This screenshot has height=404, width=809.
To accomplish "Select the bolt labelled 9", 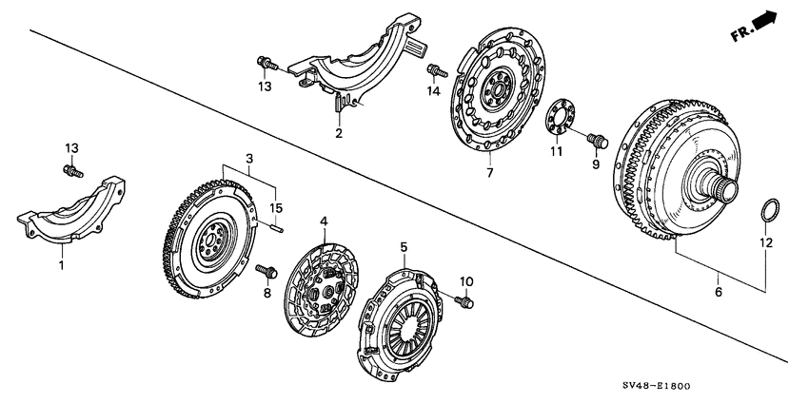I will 599,141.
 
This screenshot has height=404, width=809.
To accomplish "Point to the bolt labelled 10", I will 466,302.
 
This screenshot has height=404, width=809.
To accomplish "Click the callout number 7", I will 489,175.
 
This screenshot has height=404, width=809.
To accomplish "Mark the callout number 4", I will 324,221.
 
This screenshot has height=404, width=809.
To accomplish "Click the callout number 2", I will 338,134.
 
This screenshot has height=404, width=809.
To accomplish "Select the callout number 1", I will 62,265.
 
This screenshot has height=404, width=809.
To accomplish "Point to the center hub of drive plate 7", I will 495,92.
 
